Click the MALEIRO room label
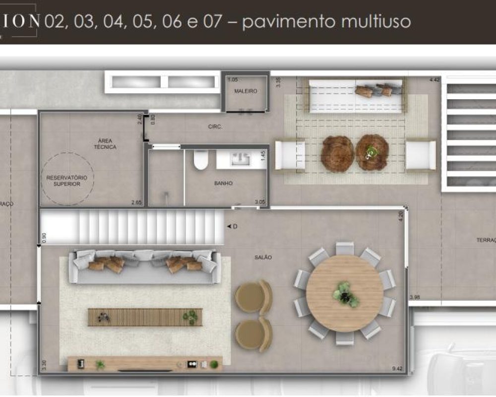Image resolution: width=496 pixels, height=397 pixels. tap(246, 91)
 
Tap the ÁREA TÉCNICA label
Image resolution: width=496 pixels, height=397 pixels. tap(105, 144)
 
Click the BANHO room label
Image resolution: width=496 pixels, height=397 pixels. tap(223, 183)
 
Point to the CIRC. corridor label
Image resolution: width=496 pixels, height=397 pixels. tap(215, 127)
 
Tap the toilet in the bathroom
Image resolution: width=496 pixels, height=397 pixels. tap(201, 160)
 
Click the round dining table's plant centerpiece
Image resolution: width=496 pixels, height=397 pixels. tap(344, 294)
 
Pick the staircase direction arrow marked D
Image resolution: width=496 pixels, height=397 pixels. tap(231, 227)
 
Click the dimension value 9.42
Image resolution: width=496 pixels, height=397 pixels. tap(397, 369)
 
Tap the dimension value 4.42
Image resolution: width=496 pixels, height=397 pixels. tap(434, 79)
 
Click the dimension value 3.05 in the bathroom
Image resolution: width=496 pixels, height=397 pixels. tap(259, 202)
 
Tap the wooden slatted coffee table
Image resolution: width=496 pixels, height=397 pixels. tap(145, 317)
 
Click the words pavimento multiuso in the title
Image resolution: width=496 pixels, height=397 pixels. tap(326, 22)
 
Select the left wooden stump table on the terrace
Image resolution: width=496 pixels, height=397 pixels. tap(337, 153)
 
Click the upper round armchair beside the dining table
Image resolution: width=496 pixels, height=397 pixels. tap(253, 297)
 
